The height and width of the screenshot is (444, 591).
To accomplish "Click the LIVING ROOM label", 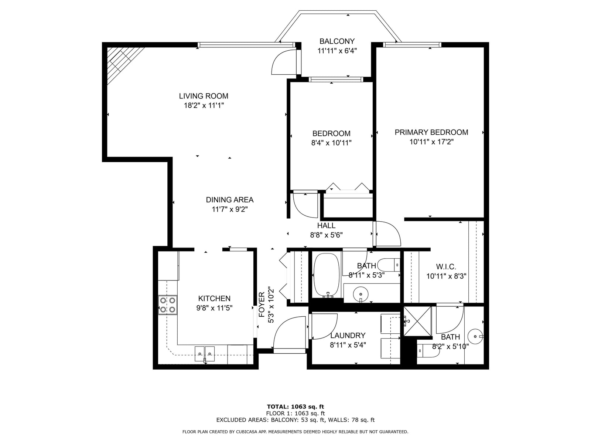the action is [204, 96].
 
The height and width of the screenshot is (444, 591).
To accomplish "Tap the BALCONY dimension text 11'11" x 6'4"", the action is [337, 51].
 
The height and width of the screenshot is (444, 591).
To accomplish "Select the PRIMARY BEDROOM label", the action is [431, 132].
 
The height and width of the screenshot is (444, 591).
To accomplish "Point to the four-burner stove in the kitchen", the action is [167, 305].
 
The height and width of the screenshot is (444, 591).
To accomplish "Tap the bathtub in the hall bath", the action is [327, 275].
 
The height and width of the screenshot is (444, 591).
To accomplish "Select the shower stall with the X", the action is [418, 321].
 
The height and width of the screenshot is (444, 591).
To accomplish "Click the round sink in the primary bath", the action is [475, 336].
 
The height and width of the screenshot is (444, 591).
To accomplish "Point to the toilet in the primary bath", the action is [428, 351].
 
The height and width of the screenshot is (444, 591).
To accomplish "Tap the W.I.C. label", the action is [446, 267].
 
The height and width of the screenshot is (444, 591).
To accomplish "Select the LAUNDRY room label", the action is [348, 335].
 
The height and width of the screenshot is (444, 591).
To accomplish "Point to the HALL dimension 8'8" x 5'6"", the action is [326, 235].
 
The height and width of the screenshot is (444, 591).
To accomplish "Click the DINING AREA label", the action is [230, 200].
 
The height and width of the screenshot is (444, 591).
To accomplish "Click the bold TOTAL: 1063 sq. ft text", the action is [295, 407].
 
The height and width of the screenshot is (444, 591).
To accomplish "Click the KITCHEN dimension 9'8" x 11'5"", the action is [214, 308].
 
